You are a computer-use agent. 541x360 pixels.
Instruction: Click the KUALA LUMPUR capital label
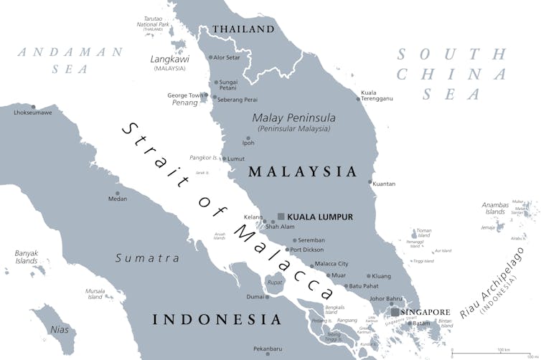click(320, 217)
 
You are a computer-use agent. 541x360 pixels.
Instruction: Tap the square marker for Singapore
click(395, 312)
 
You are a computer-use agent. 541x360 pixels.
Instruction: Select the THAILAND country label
click(243, 29)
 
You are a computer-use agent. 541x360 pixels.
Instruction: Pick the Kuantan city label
click(384, 184)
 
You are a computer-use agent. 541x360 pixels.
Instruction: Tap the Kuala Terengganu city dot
click(359, 100)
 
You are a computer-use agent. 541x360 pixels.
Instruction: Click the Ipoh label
click(248, 143)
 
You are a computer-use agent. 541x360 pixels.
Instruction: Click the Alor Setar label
click(228, 57)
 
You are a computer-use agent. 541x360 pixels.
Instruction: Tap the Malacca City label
click(331, 264)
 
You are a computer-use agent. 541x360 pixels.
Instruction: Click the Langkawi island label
click(171, 59)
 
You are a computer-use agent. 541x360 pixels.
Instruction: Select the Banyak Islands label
click(26, 257)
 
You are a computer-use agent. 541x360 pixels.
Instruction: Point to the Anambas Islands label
click(495, 207)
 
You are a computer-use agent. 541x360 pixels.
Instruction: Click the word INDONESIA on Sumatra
click(216, 319)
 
